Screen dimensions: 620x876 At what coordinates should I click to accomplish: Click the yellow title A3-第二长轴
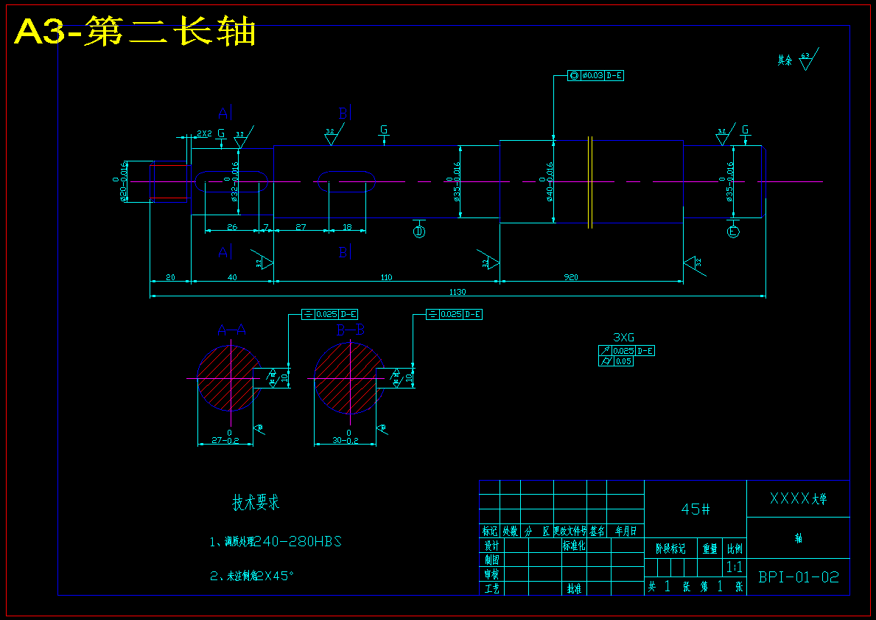[136, 32]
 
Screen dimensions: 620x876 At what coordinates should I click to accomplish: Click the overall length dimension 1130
[458, 292]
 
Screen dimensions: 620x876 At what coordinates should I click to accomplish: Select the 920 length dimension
[570, 277]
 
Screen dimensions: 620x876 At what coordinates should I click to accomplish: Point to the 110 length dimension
[386, 277]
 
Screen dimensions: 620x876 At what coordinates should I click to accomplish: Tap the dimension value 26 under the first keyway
[232, 227]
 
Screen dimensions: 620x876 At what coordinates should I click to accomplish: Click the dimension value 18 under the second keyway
[347, 227]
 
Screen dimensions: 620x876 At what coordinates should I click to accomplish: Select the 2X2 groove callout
[203, 133]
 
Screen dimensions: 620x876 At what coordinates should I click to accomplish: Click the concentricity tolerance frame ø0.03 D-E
[595, 75]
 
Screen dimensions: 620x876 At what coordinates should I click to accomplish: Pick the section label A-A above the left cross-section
[231, 330]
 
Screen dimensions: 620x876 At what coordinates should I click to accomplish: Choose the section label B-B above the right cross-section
[350, 330]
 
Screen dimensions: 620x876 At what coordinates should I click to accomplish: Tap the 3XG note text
[614, 338]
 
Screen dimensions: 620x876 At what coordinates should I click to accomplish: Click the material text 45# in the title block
[695, 509]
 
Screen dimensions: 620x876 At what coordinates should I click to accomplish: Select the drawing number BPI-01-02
[799, 577]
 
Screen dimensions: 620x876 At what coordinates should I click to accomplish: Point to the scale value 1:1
[734, 568]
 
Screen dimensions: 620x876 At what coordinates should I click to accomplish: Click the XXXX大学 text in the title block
[798, 498]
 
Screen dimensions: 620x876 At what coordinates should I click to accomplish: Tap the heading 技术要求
[256, 504]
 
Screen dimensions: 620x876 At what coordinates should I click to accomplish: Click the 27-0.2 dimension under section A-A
[225, 440]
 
